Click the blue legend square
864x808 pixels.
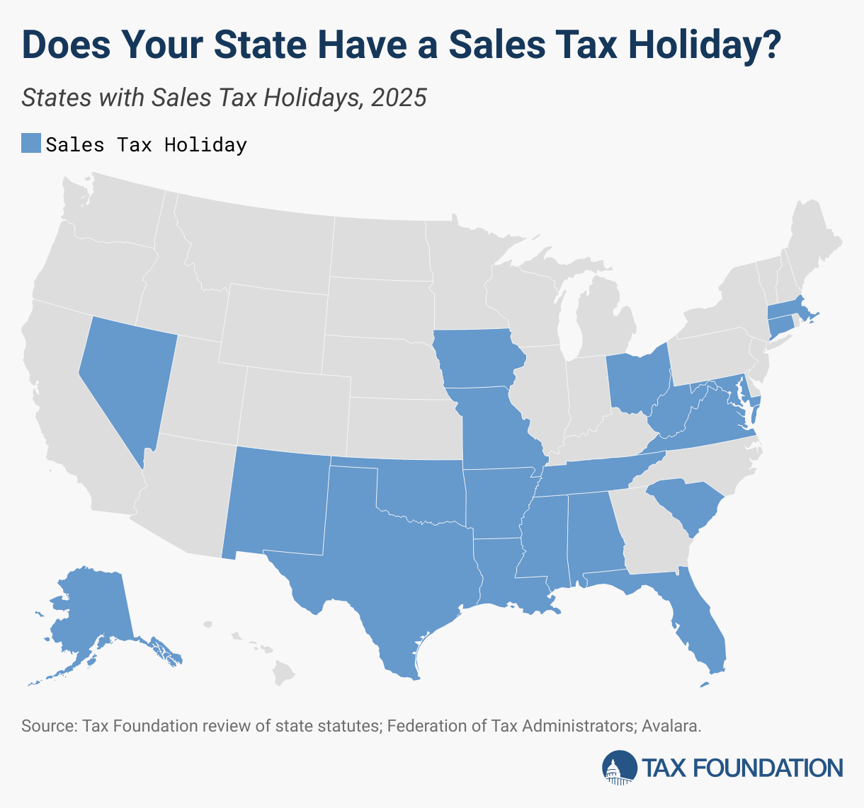pyautogui.click(x=31, y=144)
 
